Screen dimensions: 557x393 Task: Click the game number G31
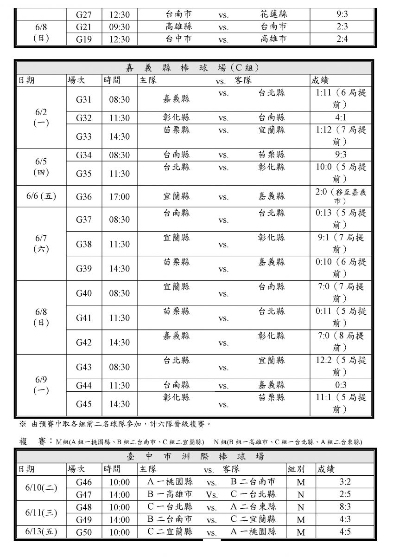coord(84,100)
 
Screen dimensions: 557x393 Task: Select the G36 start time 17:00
coord(120,197)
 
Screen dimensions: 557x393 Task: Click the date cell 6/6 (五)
coord(41,196)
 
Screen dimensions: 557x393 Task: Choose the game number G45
coord(84,404)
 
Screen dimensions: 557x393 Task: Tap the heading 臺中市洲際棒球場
coord(195,457)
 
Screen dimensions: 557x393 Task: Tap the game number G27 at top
coord(84,15)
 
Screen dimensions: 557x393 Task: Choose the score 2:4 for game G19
coord(342,39)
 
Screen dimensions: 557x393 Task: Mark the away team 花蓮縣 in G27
coord(274,14)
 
